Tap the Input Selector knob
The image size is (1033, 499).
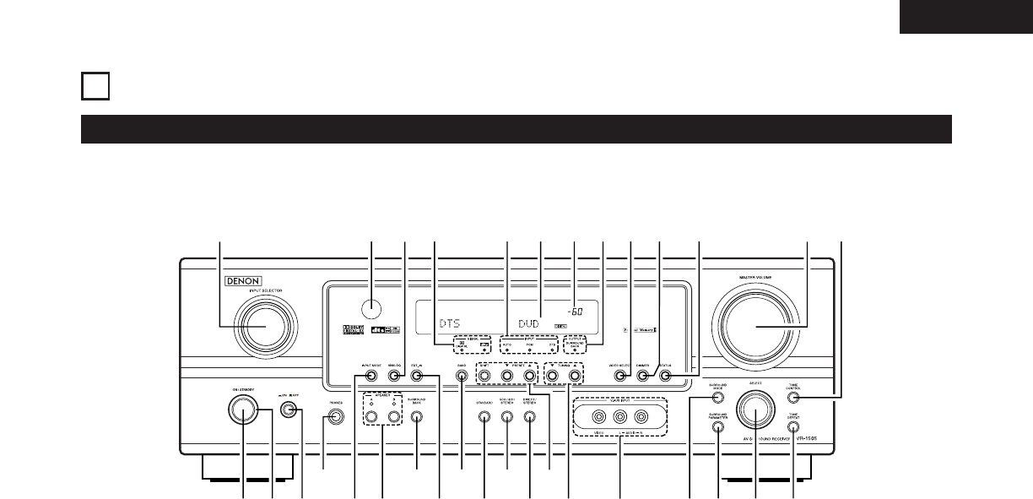tap(265, 327)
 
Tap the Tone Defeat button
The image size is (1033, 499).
tap(794, 427)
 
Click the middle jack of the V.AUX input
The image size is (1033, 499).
tap(620, 415)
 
